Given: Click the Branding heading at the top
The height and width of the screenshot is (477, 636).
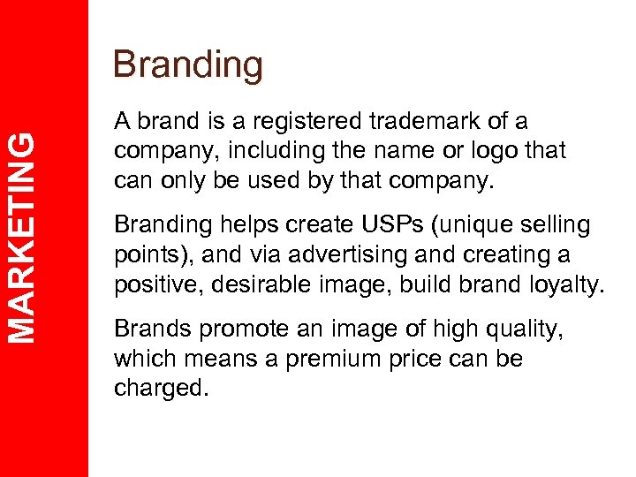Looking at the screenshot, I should pos(188,65).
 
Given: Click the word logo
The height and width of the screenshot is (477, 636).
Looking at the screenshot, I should pos(478,151).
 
